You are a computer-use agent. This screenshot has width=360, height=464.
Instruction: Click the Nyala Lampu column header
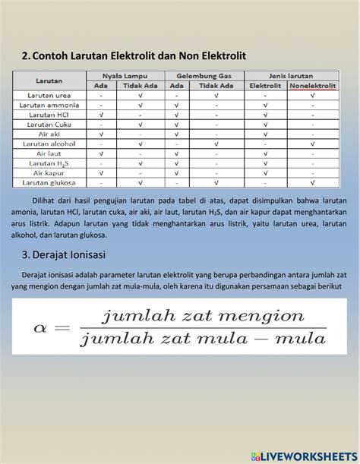point(125,77)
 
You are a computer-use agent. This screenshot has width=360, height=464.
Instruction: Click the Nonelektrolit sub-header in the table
point(310,87)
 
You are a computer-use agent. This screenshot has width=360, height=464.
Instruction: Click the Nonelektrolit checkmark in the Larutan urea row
point(310,96)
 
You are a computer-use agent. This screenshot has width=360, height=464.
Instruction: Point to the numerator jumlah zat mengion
point(203,314)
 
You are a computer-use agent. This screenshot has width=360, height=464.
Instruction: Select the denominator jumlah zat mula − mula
point(203,339)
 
